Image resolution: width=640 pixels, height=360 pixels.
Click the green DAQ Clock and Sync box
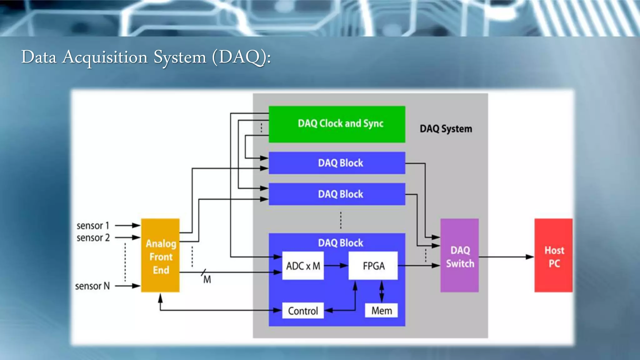(x=337, y=124)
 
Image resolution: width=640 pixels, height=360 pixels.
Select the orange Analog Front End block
(x=160, y=256)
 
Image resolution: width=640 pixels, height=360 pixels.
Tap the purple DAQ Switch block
(x=459, y=256)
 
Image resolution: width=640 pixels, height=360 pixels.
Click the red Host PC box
(x=553, y=256)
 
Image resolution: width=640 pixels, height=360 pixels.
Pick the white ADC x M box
(x=303, y=266)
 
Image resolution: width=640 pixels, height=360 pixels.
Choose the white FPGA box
(x=373, y=266)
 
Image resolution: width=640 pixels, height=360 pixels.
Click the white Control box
(x=303, y=311)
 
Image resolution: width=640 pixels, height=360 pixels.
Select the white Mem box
(x=381, y=311)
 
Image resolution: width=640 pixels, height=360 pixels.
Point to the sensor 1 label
(x=93, y=226)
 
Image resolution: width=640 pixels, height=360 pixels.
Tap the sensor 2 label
(x=93, y=238)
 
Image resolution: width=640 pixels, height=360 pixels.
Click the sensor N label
(x=92, y=286)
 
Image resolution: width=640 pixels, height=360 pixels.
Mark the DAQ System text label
(x=446, y=129)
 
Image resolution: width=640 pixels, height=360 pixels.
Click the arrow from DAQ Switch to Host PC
(x=506, y=257)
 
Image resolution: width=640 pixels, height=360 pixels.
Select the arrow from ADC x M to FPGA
(x=336, y=266)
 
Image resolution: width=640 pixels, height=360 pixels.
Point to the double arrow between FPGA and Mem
(x=382, y=291)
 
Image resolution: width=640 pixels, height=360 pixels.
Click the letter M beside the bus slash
(x=207, y=279)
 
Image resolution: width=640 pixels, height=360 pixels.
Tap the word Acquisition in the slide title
(x=105, y=57)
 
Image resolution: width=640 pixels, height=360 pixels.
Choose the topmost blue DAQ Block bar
(x=337, y=163)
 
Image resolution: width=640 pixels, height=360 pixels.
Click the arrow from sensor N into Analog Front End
(x=127, y=286)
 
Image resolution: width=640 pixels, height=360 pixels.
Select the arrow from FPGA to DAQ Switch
(x=419, y=266)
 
